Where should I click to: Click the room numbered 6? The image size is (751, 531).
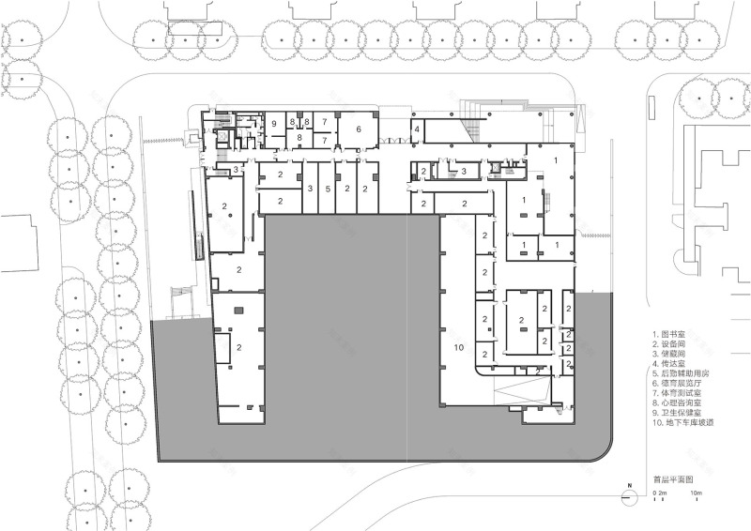coord(358,129)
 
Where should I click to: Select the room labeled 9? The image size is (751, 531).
coord(274,123)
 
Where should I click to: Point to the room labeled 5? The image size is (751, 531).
coord(328,189)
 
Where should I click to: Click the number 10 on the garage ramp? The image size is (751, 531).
coord(459,348)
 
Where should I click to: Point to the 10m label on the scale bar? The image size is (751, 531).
coord(697,493)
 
